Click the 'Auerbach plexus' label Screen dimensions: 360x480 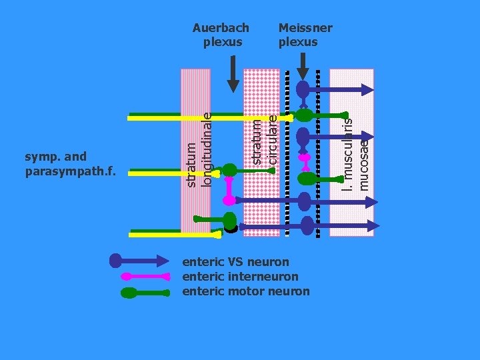221,35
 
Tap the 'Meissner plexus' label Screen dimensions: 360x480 305,35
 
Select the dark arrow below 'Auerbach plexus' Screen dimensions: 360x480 233,73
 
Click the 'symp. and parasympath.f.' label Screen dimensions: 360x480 70,164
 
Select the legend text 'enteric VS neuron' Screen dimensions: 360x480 235,262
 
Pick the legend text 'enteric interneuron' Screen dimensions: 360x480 240,277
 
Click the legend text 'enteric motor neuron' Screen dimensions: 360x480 245,291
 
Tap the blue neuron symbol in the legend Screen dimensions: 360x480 116,261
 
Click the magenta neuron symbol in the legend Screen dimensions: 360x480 126,277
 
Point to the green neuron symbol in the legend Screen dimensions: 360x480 129,292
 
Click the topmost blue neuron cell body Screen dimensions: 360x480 303,89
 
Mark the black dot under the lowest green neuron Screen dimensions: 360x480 231,229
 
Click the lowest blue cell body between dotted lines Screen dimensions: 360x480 307,225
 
